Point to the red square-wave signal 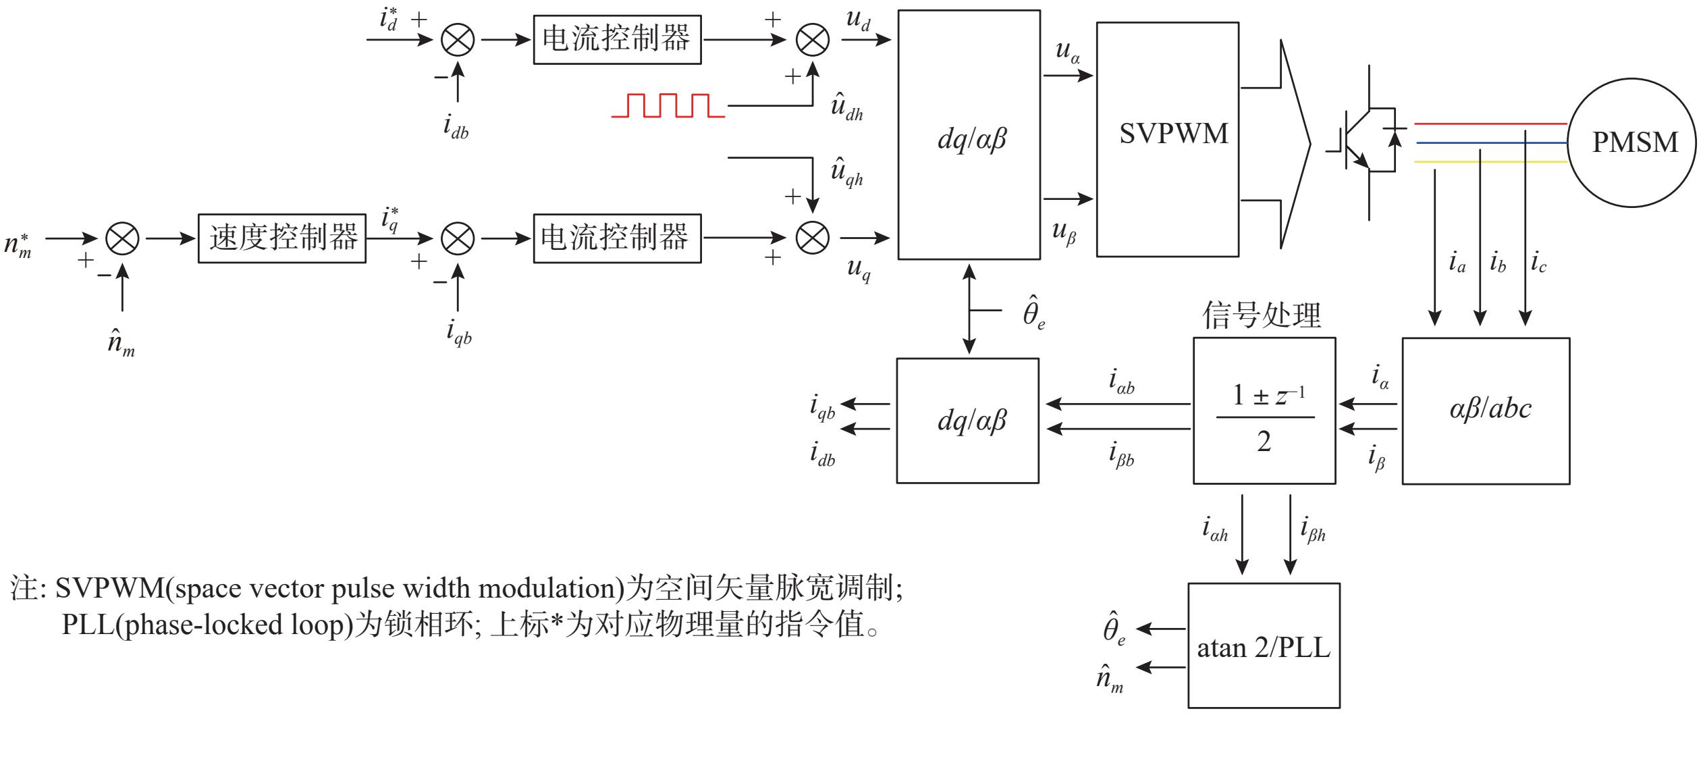pos(668,106)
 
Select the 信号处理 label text pos(1261,315)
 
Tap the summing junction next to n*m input pos(122,238)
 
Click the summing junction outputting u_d pos(813,40)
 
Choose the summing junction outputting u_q pos(813,238)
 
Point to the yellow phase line pos(1490,162)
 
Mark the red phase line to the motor pos(1490,124)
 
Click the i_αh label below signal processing pos(1214,530)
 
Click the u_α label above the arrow pos(1066,51)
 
